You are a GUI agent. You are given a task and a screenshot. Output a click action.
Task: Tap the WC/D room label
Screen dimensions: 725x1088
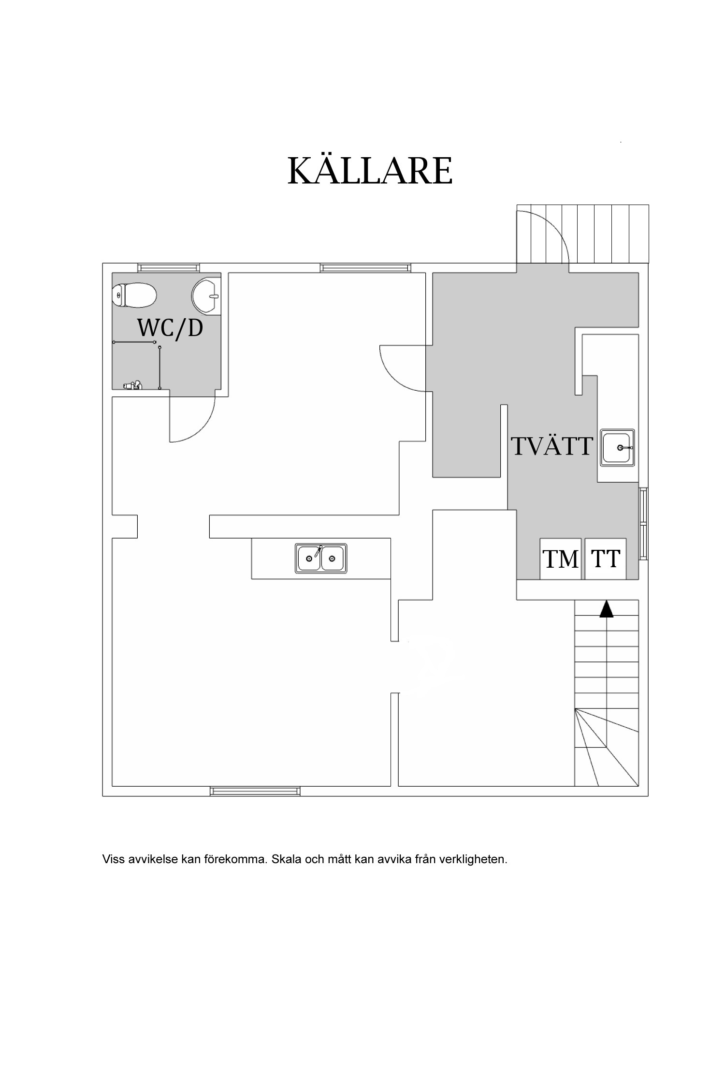(170, 328)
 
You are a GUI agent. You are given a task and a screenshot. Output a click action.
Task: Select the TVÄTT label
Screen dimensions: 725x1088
(552, 446)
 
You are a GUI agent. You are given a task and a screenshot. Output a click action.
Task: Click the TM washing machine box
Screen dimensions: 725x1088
(561, 559)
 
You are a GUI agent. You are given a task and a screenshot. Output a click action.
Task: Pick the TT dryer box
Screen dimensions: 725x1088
(606, 559)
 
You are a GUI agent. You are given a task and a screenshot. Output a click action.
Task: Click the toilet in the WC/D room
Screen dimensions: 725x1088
(135, 295)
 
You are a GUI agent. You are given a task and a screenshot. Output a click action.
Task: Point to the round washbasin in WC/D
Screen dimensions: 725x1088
(206, 296)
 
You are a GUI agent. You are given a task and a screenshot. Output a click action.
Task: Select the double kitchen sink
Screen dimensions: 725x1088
(321, 559)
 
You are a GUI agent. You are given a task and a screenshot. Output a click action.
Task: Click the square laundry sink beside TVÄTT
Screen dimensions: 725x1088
(618, 447)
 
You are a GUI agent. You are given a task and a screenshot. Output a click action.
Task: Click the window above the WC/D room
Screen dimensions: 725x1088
(168, 267)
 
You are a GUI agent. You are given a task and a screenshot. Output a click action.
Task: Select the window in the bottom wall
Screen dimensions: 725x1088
(255, 791)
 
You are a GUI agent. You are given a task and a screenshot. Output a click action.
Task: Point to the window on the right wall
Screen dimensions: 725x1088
(643, 524)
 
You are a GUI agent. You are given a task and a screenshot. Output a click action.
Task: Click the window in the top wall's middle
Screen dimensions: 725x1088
(365, 267)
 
